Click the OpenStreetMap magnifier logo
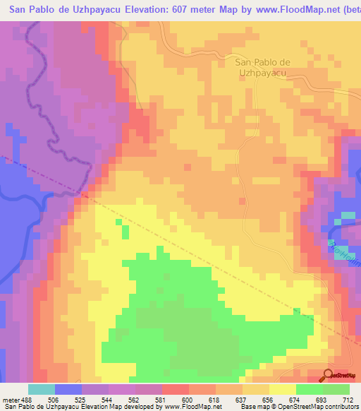pyautogui.click(x=329, y=375)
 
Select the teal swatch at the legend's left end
pyautogui.click(x=42, y=389)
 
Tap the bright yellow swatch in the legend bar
pyautogui.click(x=283, y=389)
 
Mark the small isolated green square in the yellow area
pyautogui.click(x=126, y=232)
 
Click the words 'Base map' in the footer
pyautogui.click(x=256, y=406)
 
